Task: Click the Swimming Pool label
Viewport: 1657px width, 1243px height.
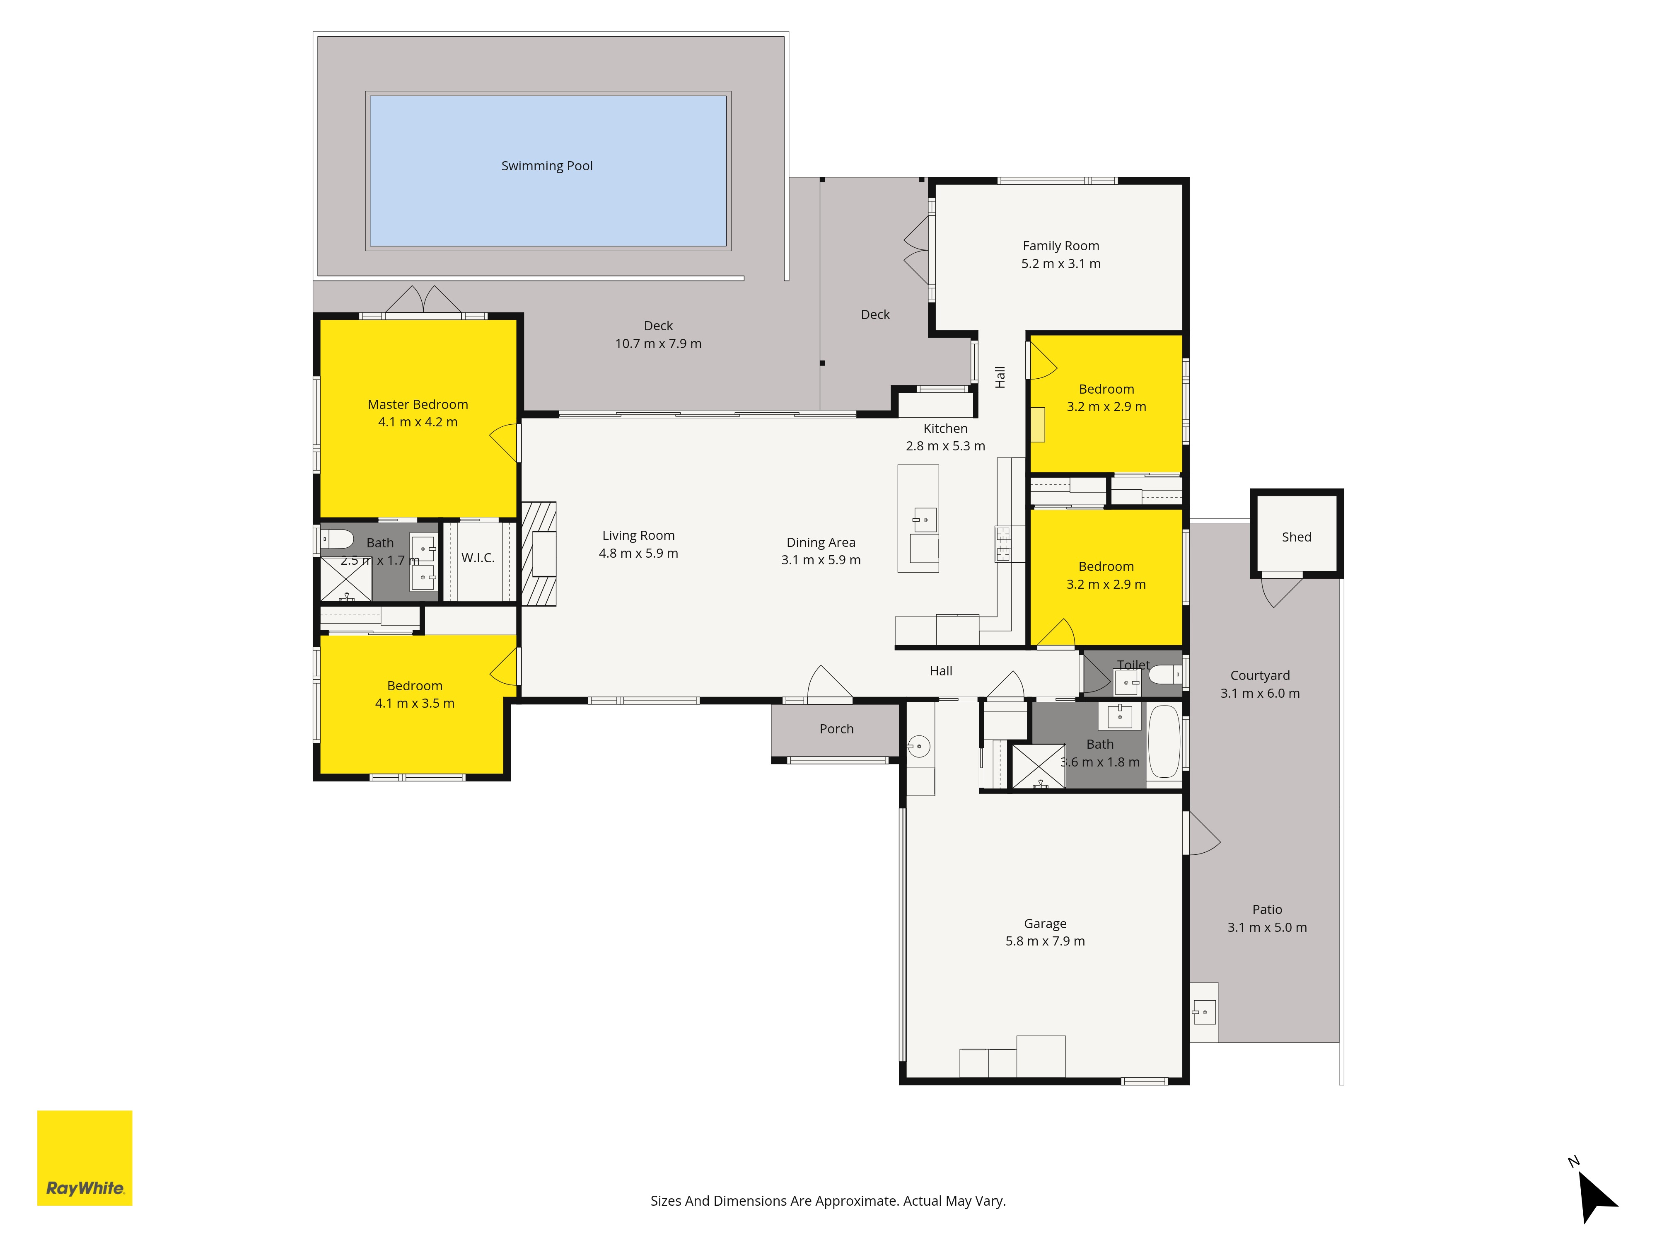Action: click(547, 166)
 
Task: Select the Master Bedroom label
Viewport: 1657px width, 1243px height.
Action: click(418, 404)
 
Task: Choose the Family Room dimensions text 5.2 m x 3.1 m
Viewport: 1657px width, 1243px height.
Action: click(1061, 264)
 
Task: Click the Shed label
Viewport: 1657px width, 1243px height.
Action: click(1297, 537)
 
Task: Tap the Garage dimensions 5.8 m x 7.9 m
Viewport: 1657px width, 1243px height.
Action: click(1045, 941)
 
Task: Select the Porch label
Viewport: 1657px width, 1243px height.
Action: click(837, 729)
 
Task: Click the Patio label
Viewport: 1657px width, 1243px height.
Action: click(1268, 909)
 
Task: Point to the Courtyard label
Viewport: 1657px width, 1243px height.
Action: click(1260, 676)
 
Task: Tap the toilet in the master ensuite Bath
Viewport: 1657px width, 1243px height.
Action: click(337, 539)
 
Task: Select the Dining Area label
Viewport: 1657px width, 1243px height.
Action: click(821, 542)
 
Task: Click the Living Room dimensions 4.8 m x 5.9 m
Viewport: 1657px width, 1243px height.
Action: click(638, 554)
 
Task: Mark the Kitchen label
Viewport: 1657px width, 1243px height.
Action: click(945, 428)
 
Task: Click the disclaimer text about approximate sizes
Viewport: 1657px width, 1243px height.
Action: click(828, 1201)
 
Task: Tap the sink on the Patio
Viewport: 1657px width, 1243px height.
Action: click(1204, 1012)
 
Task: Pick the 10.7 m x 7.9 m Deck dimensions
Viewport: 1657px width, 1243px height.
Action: click(659, 344)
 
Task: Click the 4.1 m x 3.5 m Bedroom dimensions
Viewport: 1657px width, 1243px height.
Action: click(415, 704)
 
